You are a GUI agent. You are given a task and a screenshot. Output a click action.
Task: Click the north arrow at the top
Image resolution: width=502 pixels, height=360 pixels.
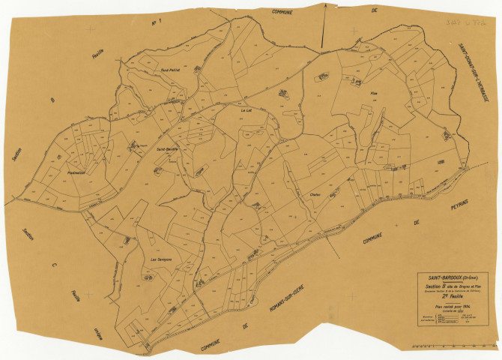tap(323, 26)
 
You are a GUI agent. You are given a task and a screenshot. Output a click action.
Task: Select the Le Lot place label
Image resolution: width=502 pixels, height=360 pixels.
tap(246, 110)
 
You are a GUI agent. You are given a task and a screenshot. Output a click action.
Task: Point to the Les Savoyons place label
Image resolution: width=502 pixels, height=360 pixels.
tap(162, 259)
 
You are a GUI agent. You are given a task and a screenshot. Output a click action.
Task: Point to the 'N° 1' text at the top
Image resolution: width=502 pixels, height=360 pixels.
tap(158, 23)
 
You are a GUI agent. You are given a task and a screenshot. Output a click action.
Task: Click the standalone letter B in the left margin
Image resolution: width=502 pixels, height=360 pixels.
tap(52, 99)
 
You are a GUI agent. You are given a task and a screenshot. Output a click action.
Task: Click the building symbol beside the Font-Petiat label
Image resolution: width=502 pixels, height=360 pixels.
tap(197, 67)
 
